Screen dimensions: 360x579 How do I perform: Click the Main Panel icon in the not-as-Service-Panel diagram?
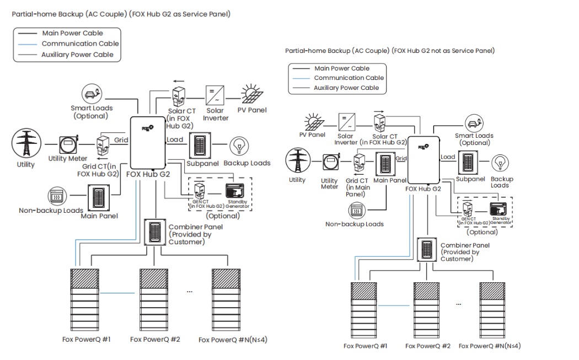tap(385, 164)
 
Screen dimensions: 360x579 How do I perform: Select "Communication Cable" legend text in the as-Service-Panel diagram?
tap(80, 44)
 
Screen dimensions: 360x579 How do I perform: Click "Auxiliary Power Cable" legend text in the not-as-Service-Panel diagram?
tap(346, 88)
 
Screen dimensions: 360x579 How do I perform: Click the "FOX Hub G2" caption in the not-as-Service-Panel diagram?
tap(423, 189)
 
